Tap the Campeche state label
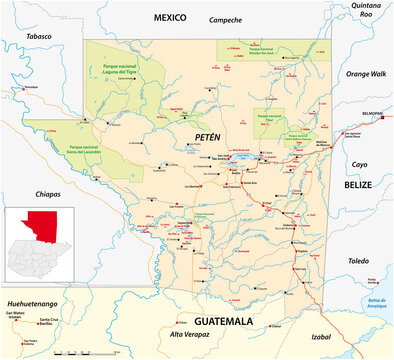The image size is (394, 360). click(x=225, y=20)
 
